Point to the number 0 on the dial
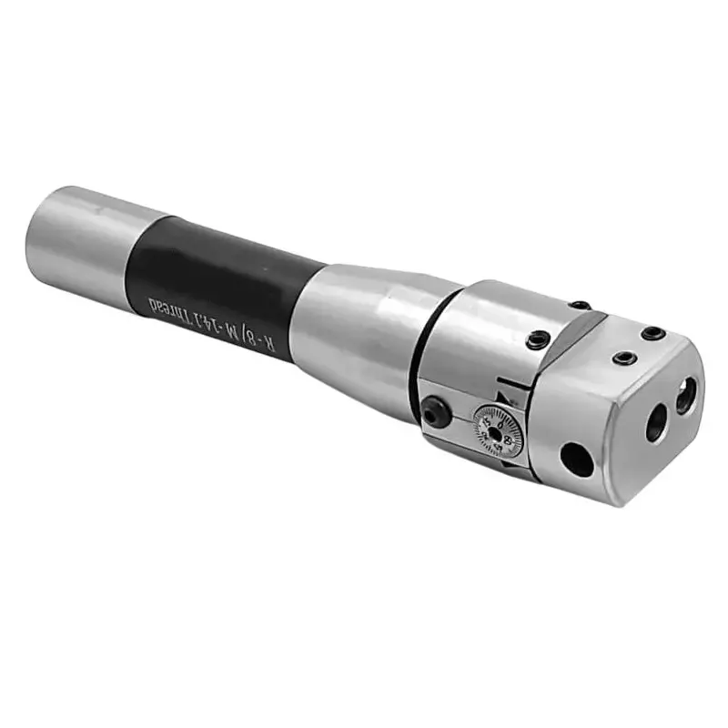pyautogui.click(x=499, y=417)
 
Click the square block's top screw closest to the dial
pyautogui.click(x=623, y=358)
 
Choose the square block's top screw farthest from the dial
pyautogui.click(x=652, y=333)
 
